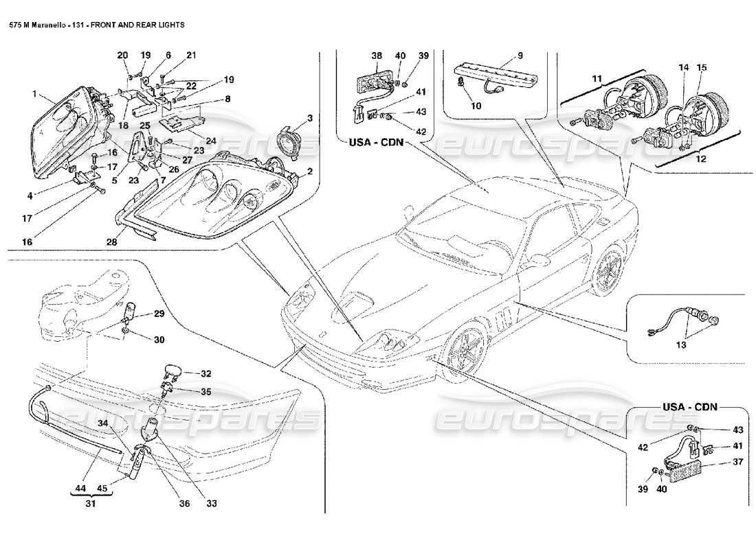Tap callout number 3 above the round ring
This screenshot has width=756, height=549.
[310, 119]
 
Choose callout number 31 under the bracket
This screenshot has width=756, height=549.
[89, 503]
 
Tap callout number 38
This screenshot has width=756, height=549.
[376, 55]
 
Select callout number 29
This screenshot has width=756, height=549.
[159, 314]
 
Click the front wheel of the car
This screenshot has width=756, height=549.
[463, 349]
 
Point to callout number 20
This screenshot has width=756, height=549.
[122, 55]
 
